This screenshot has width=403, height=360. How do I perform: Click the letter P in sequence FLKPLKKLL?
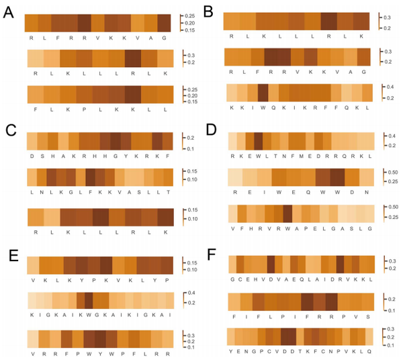[x=85, y=110]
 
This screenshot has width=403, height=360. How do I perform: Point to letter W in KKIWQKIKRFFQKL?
[x=263, y=107]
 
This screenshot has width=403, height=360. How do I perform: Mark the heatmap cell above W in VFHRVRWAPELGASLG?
[x=287, y=213]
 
